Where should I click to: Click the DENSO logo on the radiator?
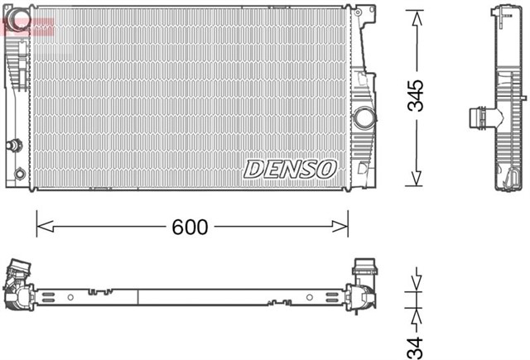290,168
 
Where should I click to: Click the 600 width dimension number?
191,226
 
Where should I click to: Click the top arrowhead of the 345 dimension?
417,16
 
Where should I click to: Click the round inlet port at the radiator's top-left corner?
19,17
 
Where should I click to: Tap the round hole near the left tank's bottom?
21,174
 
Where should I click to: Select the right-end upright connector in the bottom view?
365,270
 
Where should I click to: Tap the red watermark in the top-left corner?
26,27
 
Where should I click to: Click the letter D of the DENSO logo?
253,168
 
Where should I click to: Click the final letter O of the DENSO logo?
326,168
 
